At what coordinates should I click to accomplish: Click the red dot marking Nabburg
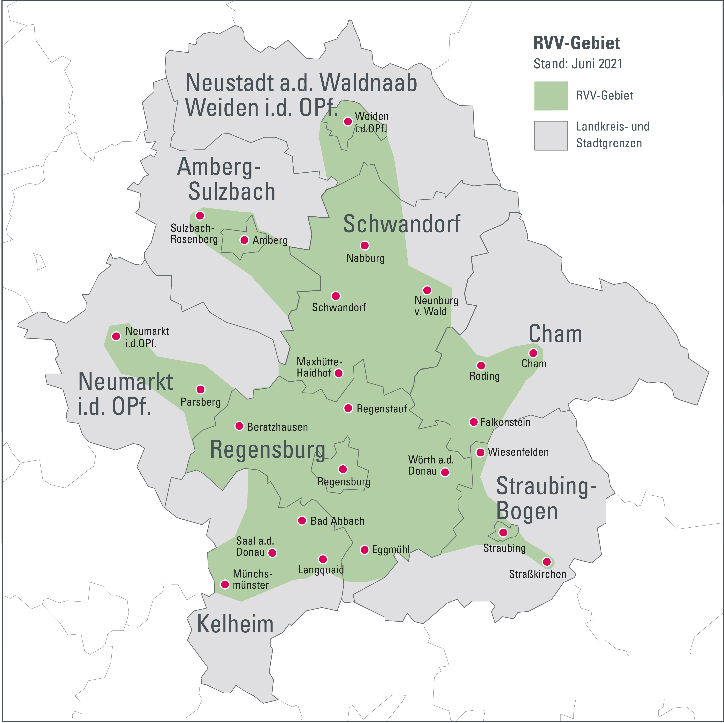(365, 246)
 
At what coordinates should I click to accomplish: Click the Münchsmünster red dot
(225, 584)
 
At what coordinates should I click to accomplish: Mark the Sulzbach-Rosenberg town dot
(200, 215)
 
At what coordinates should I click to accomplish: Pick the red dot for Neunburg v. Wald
(427, 290)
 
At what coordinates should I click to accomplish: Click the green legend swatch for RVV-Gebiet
(551, 96)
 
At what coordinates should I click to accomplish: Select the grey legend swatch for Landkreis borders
(551, 135)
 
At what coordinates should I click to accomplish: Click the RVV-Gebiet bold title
(576, 43)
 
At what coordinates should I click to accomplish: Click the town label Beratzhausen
(277, 427)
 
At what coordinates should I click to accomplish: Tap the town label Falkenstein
(505, 422)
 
